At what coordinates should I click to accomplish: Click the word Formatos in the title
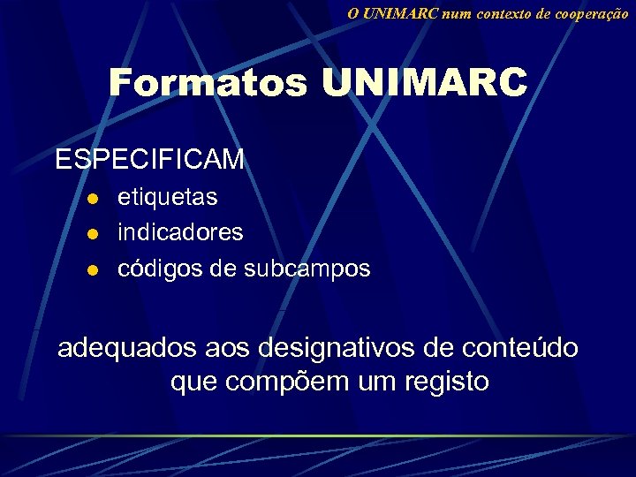tap(208, 84)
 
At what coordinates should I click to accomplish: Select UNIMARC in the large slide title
tap(424, 84)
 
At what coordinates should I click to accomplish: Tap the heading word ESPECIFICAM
tap(149, 160)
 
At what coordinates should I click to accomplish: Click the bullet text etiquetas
tap(168, 197)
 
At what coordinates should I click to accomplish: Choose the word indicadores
tap(180, 232)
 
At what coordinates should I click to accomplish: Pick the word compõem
tap(279, 383)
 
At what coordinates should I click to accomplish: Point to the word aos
tap(227, 348)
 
